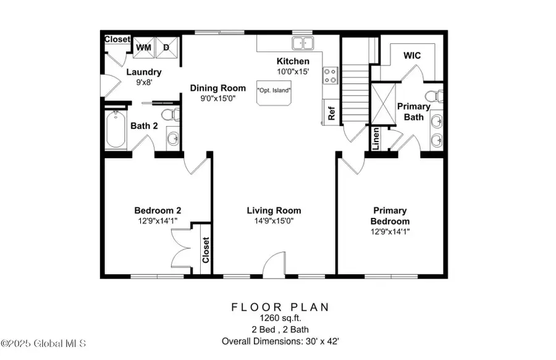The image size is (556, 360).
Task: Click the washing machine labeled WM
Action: [143, 48]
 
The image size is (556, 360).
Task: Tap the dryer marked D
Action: [166, 48]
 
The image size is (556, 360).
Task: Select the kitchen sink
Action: [303, 43]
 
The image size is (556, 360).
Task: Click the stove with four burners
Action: [330, 76]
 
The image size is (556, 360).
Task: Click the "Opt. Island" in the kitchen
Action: [274, 93]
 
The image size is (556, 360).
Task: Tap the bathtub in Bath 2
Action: [116, 129]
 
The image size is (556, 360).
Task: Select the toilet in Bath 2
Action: [171, 115]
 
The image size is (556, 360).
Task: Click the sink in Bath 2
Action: [173, 138]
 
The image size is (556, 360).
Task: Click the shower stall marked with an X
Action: [383, 104]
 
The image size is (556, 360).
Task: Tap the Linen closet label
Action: [376, 138]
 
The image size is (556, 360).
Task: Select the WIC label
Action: [412, 56]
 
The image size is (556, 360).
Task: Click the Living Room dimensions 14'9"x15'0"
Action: [274, 221]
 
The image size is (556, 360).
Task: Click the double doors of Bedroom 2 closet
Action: [181, 248]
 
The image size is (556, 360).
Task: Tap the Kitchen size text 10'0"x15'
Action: [293, 72]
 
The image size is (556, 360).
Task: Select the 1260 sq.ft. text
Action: [280, 318]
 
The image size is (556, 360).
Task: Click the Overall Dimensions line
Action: [280, 341]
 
